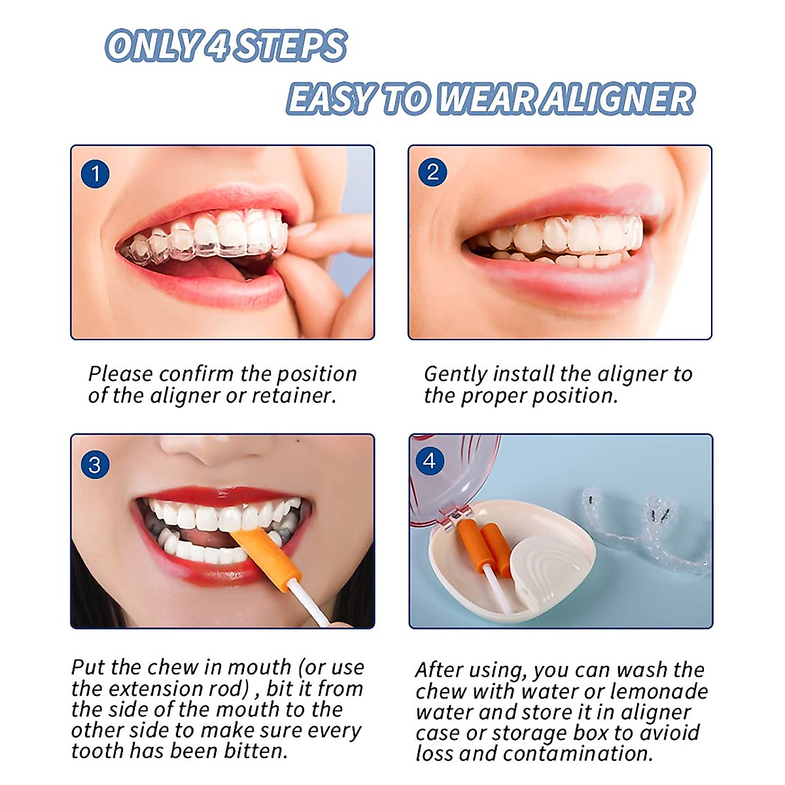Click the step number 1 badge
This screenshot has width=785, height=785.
tap(95, 174)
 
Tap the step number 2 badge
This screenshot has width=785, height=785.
tap(432, 172)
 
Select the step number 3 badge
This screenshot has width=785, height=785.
tap(95, 465)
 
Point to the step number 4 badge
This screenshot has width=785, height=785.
tap(430, 461)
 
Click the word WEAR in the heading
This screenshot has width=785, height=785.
tap(487, 99)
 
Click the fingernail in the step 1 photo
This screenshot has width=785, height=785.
tap(302, 230)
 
